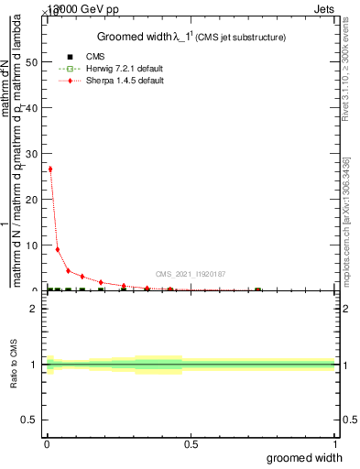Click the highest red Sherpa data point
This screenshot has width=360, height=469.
pyautogui.click(x=50, y=169)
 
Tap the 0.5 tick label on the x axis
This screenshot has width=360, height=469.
pyautogui.click(x=191, y=444)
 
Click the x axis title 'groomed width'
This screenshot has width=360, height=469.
pyautogui.click(x=305, y=457)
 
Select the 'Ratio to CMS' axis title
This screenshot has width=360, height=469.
pyautogui.click(x=14, y=365)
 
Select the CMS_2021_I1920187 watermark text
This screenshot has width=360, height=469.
pyautogui.click(x=191, y=273)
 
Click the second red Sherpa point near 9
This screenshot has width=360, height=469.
pyautogui.click(x=58, y=249)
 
